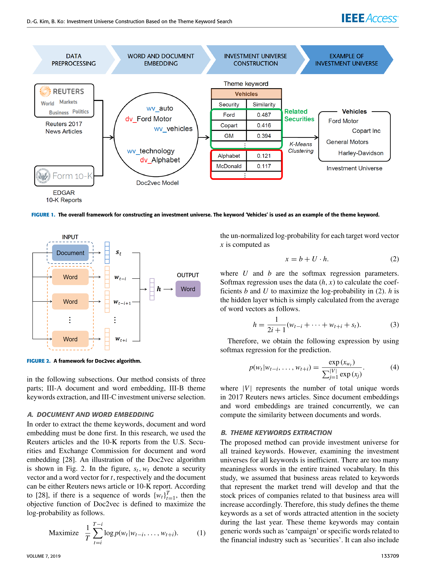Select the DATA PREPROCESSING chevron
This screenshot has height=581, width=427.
point(74,60)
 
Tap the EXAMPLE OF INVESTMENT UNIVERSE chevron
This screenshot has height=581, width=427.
point(346,60)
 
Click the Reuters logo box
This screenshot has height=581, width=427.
point(64,100)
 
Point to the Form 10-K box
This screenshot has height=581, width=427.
point(64,176)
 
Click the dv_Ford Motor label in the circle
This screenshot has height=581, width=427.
point(148,119)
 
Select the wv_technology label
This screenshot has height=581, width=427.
point(151,151)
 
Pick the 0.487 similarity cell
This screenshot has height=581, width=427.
point(264,115)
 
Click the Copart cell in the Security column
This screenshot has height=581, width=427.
point(229,125)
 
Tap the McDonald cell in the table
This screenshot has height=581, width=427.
point(229,166)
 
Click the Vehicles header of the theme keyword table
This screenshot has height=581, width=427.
point(246,94)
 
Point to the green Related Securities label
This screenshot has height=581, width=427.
point(299,115)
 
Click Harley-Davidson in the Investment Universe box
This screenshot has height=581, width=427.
point(361,153)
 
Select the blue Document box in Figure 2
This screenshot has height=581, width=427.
point(70,253)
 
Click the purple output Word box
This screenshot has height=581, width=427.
point(188,289)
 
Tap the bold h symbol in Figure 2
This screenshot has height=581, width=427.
point(159,289)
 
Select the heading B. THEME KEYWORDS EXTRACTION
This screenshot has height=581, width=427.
point(276,432)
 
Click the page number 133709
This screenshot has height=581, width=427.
point(390,556)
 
